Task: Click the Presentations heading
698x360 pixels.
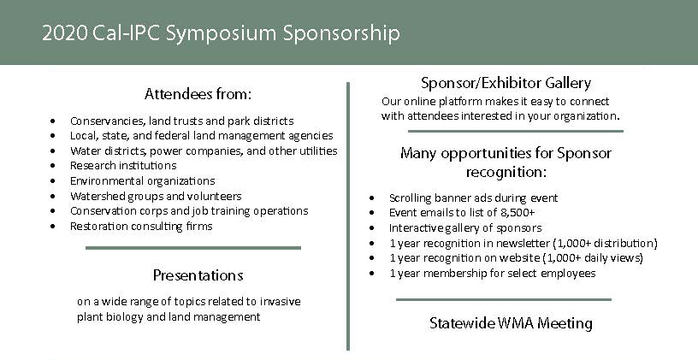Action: coord(198,275)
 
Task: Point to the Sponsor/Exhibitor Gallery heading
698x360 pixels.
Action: coord(506,83)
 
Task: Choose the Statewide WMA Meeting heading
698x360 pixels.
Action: coord(511,323)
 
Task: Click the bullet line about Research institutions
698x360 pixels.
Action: coord(123,166)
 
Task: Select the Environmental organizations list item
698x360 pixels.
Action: coord(142,181)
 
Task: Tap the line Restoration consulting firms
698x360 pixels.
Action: coord(141,227)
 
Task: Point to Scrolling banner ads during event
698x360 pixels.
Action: coord(473,198)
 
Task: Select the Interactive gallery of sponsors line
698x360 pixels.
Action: coord(465,228)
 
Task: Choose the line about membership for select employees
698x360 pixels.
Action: coord(492,274)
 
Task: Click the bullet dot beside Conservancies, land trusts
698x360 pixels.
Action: coord(54,121)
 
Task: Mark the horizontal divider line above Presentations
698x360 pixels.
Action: coord(193,248)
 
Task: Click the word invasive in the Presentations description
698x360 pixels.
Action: coord(279,302)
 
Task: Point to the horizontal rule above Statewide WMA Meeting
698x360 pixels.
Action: coord(504,299)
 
